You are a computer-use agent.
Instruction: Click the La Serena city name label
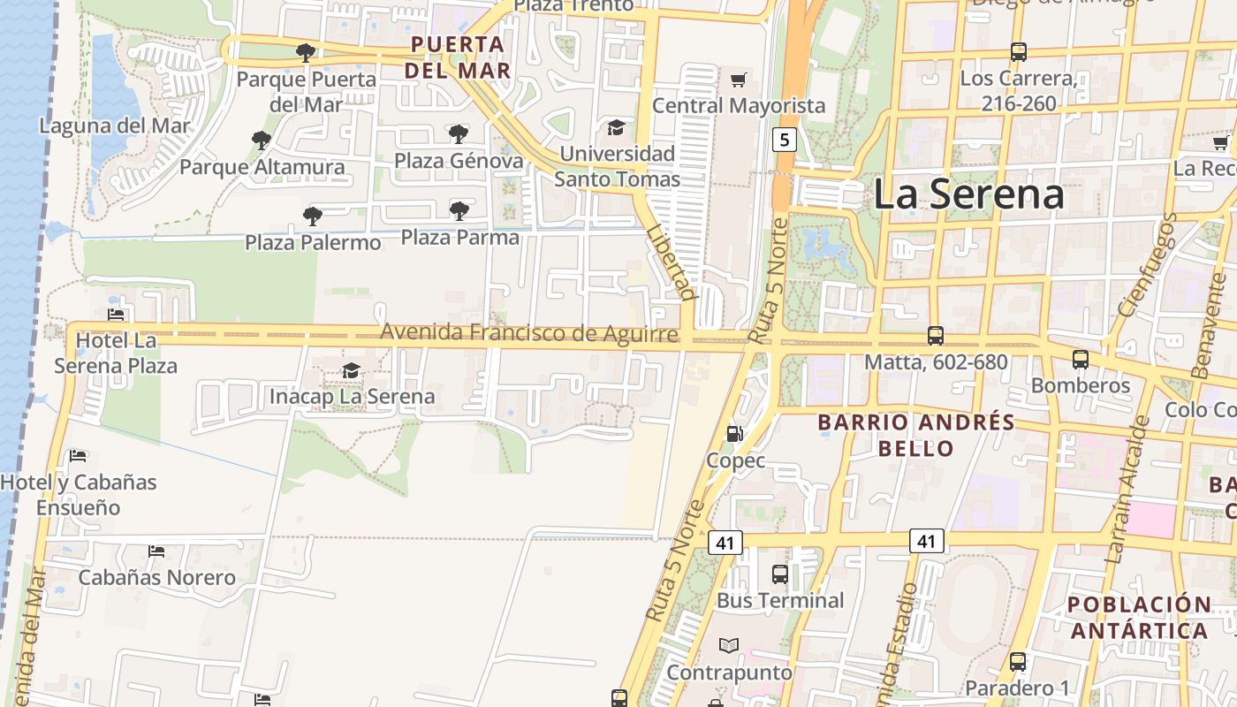[x=968, y=194]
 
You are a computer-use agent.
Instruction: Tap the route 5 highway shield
[x=784, y=139]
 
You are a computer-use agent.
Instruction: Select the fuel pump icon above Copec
[x=734, y=434]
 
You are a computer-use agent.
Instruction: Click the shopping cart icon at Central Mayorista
[x=738, y=80]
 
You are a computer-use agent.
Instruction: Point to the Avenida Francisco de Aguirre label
[x=529, y=333]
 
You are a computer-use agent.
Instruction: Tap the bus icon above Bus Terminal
[x=780, y=574]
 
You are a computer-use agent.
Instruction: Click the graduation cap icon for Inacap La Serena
[x=352, y=370]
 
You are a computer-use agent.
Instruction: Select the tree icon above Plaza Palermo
[x=312, y=216]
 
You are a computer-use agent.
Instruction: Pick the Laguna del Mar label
[x=115, y=125]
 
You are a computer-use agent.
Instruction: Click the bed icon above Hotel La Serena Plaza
[x=116, y=314]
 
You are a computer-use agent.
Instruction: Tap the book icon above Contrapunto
[x=729, y=646]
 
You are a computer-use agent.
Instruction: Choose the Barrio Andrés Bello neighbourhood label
[x=916, y=435]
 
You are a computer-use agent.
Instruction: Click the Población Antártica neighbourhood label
[x=1139, y=618]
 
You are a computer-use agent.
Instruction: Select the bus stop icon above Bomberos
[x=1081, y=360]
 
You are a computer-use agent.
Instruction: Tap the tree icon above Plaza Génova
[x=458, y=134]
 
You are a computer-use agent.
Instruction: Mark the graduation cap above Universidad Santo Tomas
[x=616, y=128]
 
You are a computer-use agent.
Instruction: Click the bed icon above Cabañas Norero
[x=156, y=551]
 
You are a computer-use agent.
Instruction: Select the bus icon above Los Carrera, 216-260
[x=1019, y=52]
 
